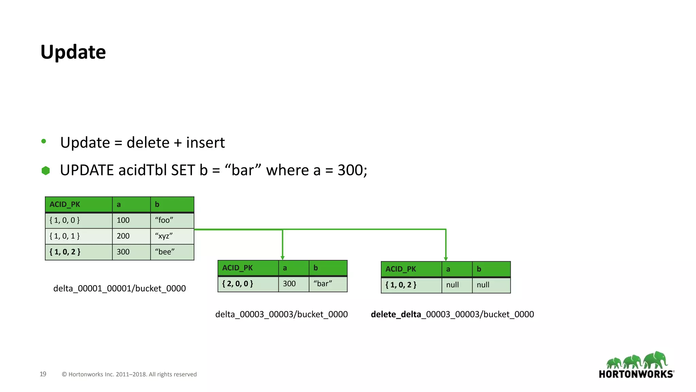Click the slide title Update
73,52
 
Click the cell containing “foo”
172,220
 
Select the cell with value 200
131,236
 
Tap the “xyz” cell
172,236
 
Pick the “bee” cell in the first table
172,252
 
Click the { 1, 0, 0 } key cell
79,220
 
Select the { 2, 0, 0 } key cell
248,284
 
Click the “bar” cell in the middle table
328,284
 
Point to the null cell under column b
491,285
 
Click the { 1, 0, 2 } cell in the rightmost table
411,285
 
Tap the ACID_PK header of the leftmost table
79,205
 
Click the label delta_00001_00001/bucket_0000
120,289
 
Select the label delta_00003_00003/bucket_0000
281,314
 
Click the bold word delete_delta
396,314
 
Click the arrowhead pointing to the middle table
282,258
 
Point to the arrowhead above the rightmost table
446,259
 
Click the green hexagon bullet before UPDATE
46,170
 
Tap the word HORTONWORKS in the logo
636,374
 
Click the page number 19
43,374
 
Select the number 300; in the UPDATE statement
352,170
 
